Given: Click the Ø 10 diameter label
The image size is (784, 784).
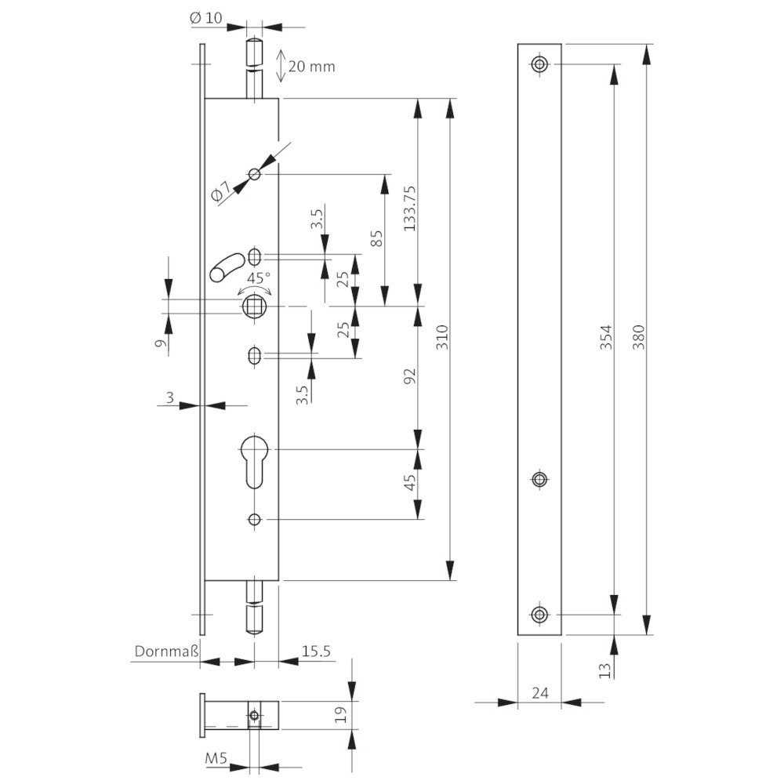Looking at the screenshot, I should (x=205, y=17).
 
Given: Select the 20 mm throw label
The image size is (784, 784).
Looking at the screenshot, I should (x=311, y=67).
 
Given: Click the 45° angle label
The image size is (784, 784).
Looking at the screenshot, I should (x=259, y=278).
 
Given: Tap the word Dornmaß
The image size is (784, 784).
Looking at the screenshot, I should (x=165, y=651).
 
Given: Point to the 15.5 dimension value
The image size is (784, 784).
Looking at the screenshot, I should (x=316, y=651).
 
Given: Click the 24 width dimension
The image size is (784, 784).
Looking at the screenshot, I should (x=539, y=692).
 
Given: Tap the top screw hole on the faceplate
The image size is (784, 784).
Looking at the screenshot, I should (x=539, y=64).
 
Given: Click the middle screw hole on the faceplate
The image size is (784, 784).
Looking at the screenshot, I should (x=539, y=480).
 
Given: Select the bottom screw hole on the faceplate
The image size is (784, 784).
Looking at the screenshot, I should (x=539, y=614).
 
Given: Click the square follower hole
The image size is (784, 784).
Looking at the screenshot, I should (x=255, y=306).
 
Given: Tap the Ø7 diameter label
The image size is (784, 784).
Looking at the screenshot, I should (x=222, y=191).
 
